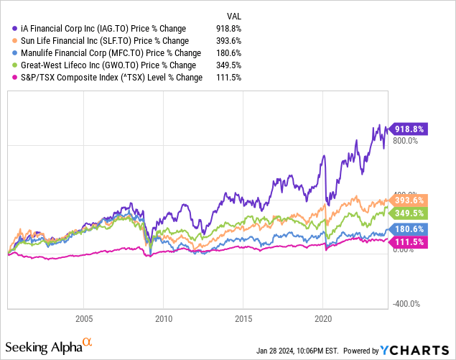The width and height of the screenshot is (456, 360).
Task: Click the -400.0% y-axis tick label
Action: click(x=406, y=304)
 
